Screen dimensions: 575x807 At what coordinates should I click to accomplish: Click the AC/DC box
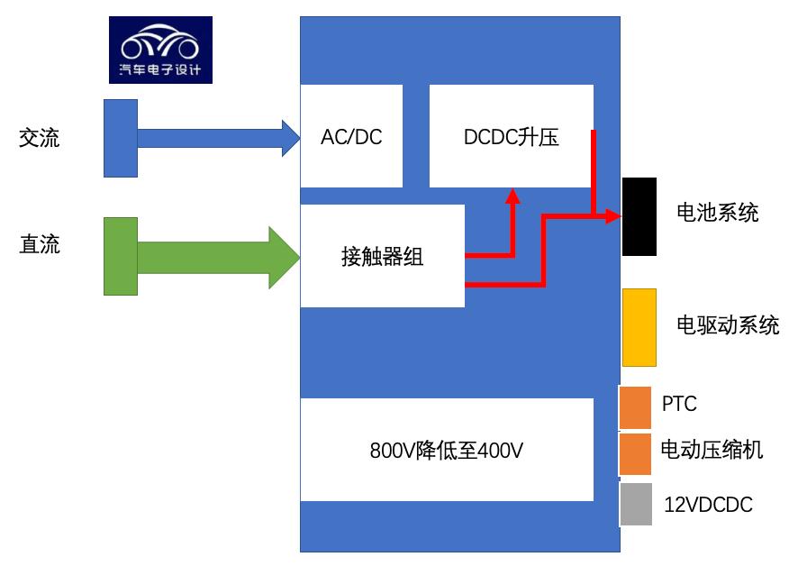[x=351, y=136]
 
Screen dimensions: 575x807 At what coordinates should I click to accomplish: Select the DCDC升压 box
[x=511, y=136]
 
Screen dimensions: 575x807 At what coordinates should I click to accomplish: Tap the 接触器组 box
[x=382, y=256]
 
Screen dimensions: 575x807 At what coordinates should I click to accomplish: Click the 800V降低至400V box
[x=447, y=449]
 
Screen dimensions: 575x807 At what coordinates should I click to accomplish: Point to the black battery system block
[x=639, y=216]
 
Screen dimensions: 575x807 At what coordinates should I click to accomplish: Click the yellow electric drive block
[x=639, y=327]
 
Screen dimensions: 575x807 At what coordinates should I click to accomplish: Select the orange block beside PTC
[x=635, y=407]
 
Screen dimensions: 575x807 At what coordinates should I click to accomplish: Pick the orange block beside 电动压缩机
[x=635, y=453]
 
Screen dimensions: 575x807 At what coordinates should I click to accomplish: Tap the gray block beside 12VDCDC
[x=635, y=505]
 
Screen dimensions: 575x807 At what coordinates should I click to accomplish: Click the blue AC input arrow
[x=216, y=137]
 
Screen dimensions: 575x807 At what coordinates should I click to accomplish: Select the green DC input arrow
[x=216, y=256]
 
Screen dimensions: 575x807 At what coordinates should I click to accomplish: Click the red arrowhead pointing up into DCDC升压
[x=512, y=196]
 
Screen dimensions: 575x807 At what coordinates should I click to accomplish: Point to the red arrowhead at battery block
[x=613, y=216]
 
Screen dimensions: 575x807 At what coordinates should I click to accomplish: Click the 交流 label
[x=40, y=139]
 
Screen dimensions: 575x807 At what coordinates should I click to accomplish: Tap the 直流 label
[x=40, y=244]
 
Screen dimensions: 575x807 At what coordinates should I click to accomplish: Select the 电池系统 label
[x=717, y=213]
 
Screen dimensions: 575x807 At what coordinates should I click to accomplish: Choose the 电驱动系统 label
[x=728, y=324]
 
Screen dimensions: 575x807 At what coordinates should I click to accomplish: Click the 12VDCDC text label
[x=708, y=505]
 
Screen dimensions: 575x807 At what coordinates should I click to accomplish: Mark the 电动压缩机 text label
[x=712, y=449]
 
